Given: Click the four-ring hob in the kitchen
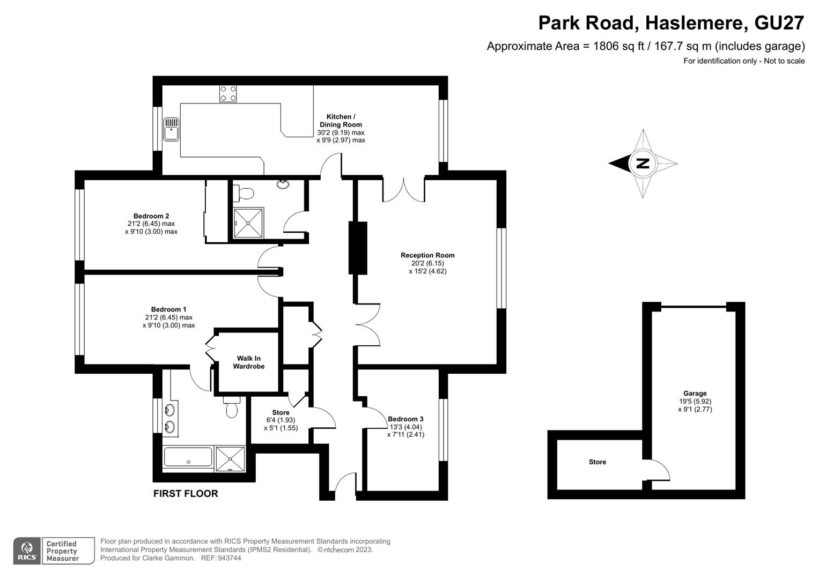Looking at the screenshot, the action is pos(228,94).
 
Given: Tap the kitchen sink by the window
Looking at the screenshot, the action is pos(171,129).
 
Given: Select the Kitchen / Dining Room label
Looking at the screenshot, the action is pos(341,121).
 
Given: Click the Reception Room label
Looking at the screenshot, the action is pos(427,255).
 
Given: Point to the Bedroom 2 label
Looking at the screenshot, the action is pos(151,216).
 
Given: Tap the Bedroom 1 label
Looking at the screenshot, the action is pos(168,309).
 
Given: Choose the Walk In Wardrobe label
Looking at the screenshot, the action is pos(249,362).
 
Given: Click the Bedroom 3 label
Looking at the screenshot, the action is pos(405,419).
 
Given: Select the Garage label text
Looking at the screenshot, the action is pos(695,394).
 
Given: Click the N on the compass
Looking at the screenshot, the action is pos(643,164).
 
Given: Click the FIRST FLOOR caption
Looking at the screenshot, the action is pos(186,493).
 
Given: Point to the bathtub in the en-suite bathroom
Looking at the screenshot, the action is pos(188,457).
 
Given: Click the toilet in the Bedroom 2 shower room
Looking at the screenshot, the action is pos(243,193).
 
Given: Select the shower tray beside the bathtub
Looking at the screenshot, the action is pos(230,459).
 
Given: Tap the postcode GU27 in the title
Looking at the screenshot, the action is pos(779,23).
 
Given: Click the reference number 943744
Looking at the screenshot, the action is pos(229,558).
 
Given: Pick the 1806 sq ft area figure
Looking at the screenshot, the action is pos(618,46).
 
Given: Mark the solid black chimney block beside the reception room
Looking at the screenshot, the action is pos(358,248).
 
